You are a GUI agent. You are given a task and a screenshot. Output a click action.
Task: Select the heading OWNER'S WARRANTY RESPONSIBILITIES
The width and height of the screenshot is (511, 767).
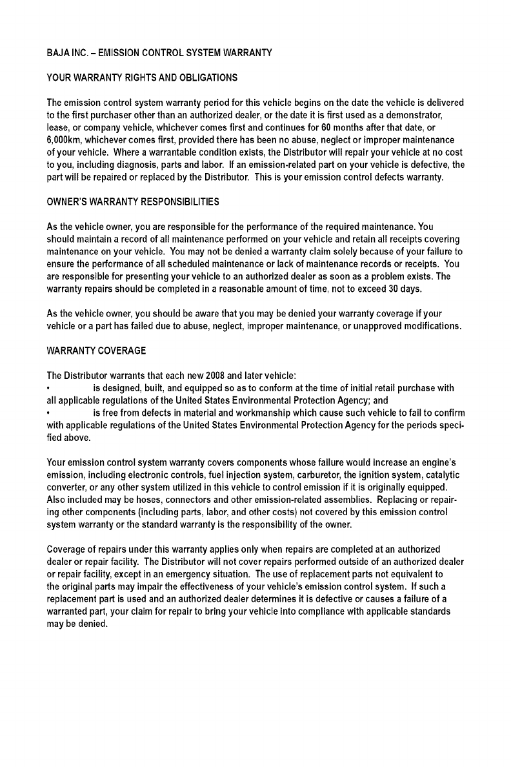pyautogui.click(x=133, y=202)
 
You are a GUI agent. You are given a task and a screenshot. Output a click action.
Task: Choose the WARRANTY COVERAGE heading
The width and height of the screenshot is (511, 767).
pyautogui.click(x=97, y=351)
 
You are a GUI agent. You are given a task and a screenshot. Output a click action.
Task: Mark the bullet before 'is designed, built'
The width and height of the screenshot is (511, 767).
pyautogui.click(x=49, y=388)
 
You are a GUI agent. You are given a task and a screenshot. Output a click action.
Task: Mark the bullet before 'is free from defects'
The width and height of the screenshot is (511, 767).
pyautogui.click(x=49, y=413)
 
